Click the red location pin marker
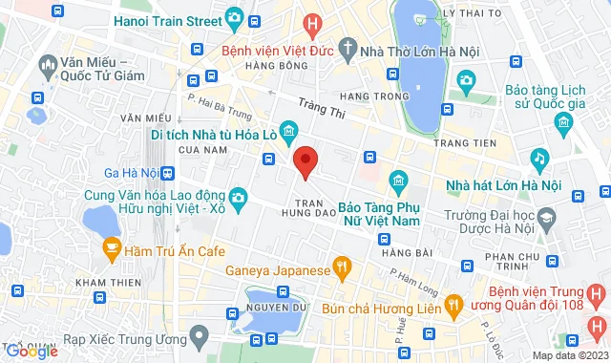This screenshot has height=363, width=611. tap(305, 161)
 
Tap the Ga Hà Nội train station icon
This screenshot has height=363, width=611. tap(167, 173)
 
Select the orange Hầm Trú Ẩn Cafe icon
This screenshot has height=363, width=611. tap(111, 248)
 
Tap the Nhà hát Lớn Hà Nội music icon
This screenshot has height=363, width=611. tap(539, 157)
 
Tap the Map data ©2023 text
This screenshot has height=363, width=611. tap(570, 355)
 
